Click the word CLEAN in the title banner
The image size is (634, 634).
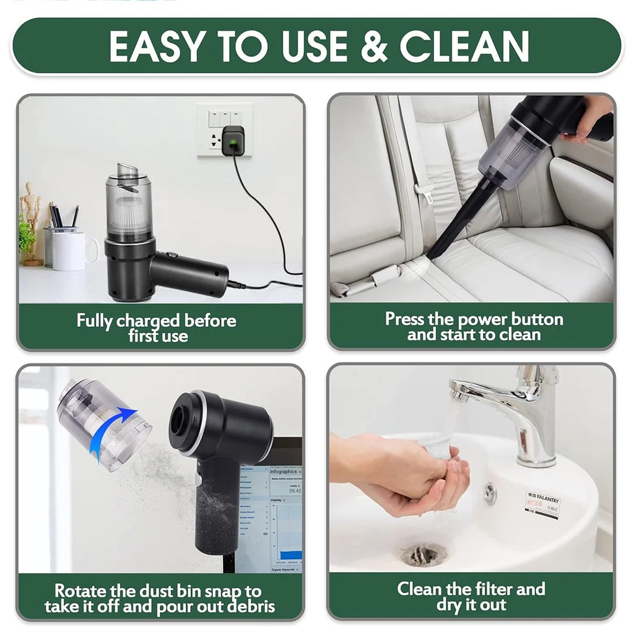(x=464, y=46)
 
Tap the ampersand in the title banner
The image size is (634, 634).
(x=373, y=46)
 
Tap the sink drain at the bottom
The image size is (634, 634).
(x=424, y=554)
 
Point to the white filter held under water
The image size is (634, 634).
(x=435, y=447)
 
